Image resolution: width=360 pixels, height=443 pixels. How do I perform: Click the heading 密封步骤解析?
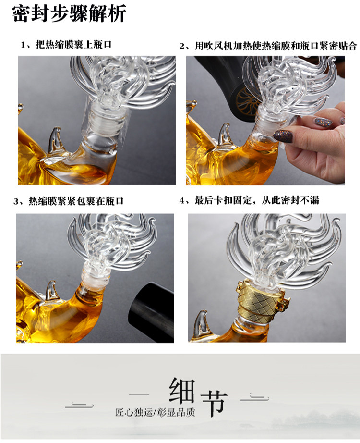coord(69,13)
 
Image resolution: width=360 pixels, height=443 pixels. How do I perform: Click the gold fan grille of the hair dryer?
coord(246,100)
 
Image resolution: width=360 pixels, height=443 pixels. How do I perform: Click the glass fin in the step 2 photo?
coord(225,135)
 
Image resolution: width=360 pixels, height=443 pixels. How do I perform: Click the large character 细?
coord(182,391)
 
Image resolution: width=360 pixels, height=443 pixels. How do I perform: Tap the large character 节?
coord(214,404)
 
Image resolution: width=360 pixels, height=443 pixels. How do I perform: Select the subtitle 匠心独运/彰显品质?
coord(155,412)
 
